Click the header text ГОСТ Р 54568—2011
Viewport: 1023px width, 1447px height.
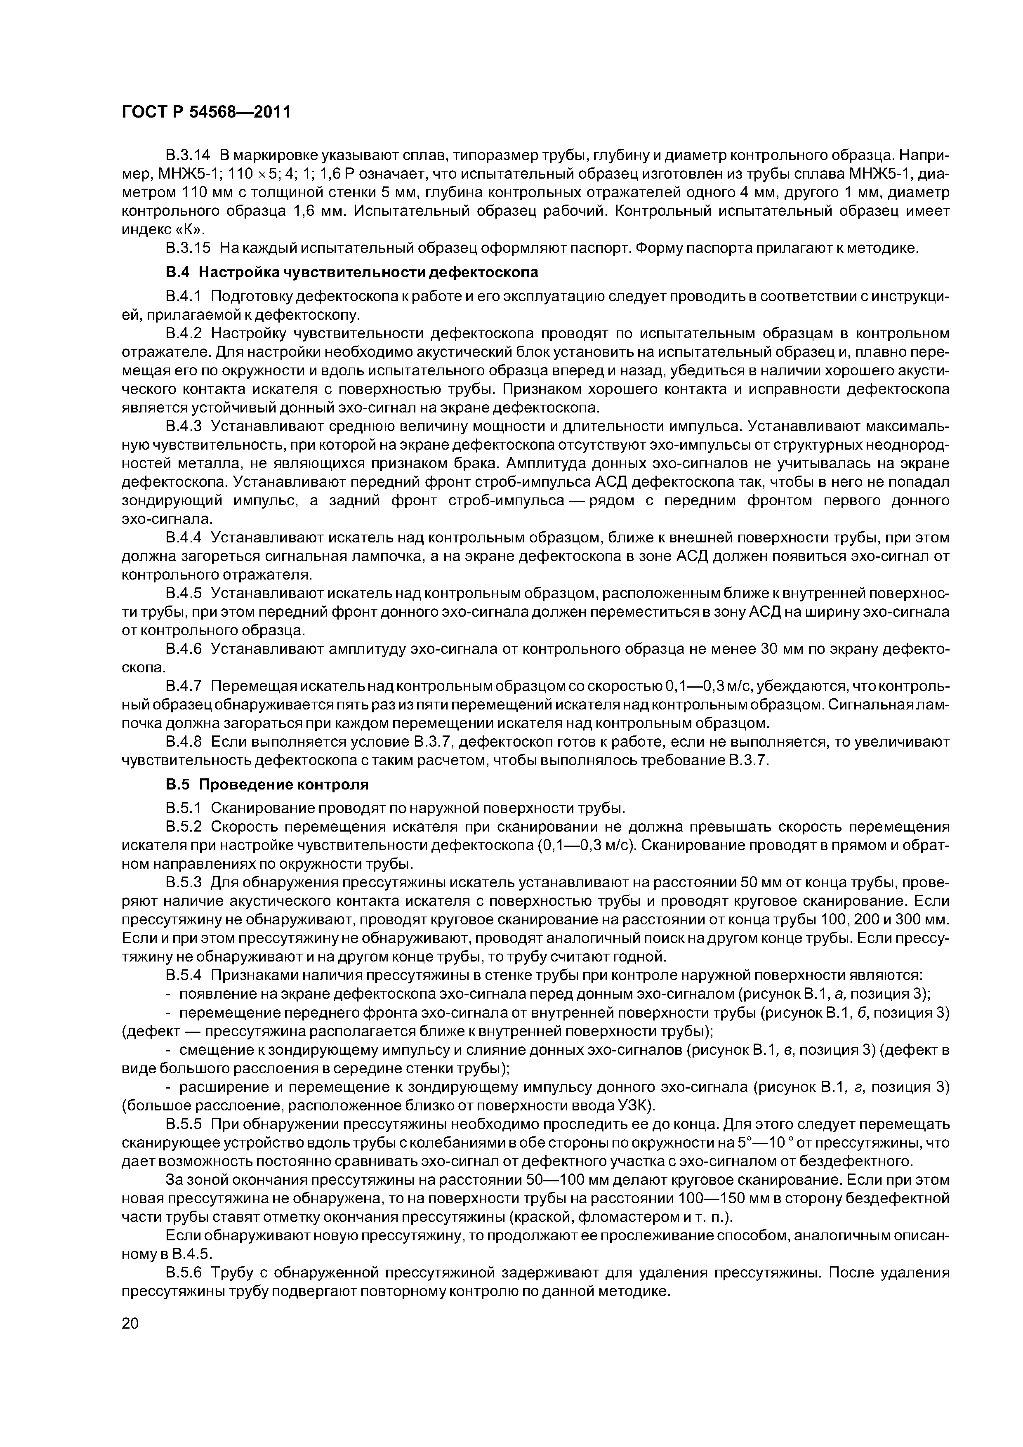click(x=206, y=112)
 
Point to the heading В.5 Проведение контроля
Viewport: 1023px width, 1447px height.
click(x=266, y=785)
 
